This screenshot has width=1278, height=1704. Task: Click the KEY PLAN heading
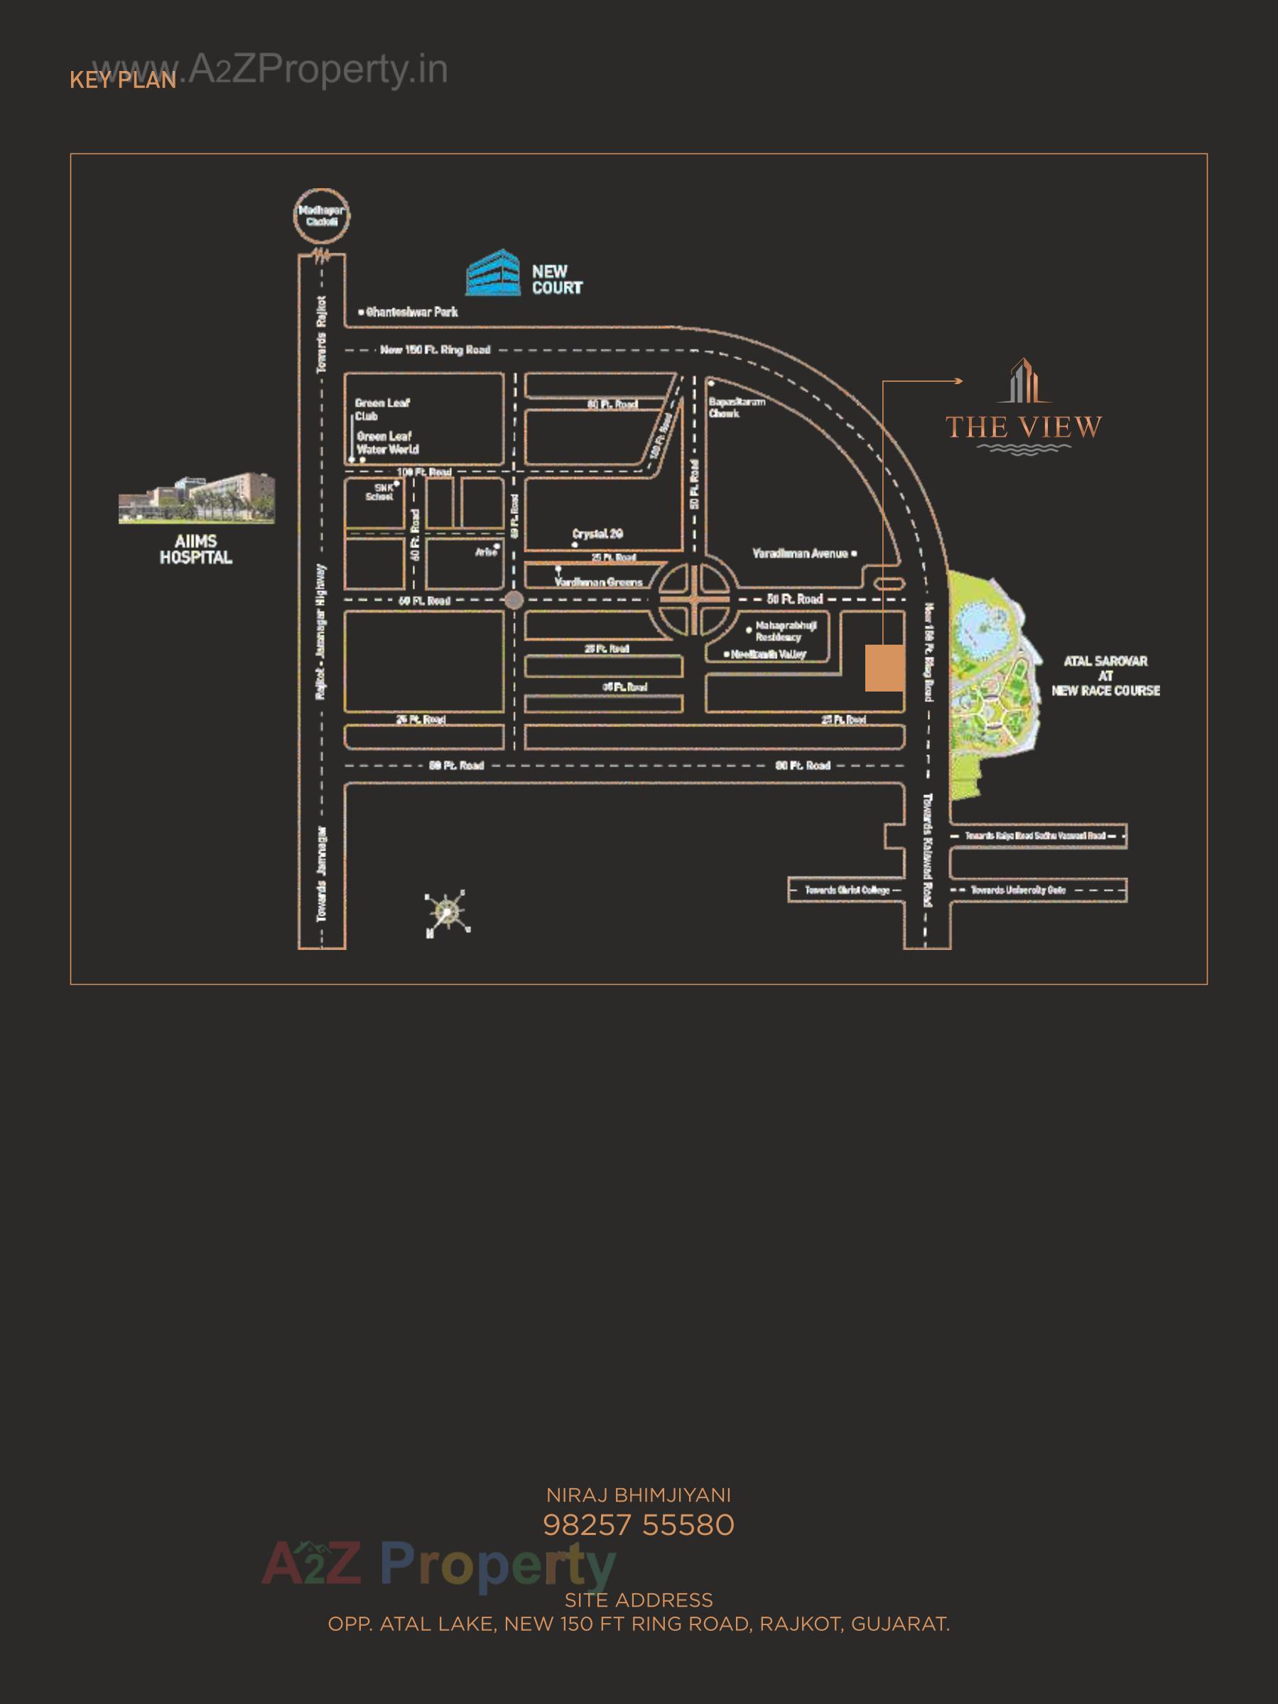pyautogui.click(x=124, y=80)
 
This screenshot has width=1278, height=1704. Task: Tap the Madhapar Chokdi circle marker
pyautogui.click(x=321, y=217)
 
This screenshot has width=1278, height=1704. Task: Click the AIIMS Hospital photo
pyautogui.click(x=197, y=498)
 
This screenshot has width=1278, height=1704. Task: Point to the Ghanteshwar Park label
pyautogui.click(x=411, y=312)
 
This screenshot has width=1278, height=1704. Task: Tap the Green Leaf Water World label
pyautogui.click(x=387, y=442)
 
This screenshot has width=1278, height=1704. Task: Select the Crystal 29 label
pyautogui.click(x=597, y=534)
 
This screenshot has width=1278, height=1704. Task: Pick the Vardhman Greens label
pyautogui.click(x=598, y=582)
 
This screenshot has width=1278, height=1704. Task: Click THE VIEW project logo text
pyautogui.click(x=1024, y=427)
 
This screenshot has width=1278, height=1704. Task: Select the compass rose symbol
pyautogui.click(x=447, y=913)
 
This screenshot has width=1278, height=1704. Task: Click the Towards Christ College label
pyautogui.click(x=847, y=890)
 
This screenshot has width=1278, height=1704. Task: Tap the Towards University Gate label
pyautogui.click(x=1017, y=890)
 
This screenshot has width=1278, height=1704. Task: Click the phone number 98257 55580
pyautogui.click(x=638, y=1524)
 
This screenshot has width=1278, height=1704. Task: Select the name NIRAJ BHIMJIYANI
pyautogui.click(x=638, y=1495)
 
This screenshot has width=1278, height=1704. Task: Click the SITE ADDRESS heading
pyautogui.click(x=638, y=1600)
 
